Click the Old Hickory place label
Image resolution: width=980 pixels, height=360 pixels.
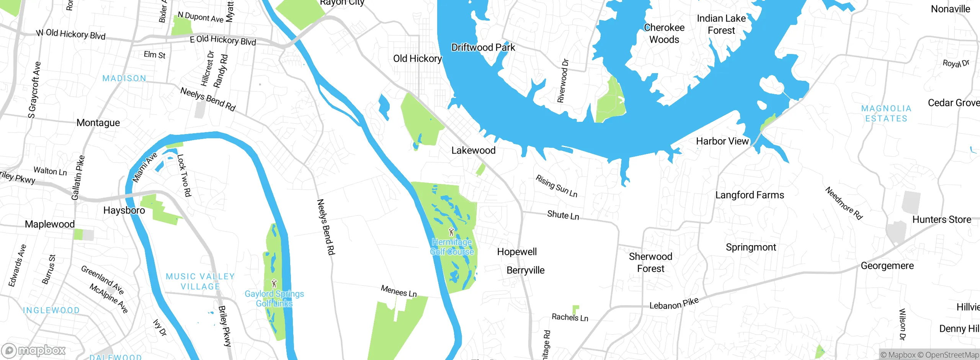(x=417, y=59)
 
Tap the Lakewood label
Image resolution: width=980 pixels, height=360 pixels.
(x=473, y=151)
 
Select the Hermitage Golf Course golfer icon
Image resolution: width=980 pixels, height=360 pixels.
(x=451, y=232)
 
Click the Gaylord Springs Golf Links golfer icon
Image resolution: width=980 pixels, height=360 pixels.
(x=274, y=284)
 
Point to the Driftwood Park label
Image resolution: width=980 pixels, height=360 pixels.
(x=483, y=47)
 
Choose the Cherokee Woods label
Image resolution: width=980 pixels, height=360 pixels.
(x=664, y=33)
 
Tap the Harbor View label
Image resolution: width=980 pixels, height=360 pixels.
(x=722, y=141)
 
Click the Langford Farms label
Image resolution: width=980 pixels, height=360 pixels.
(x=750, y=195)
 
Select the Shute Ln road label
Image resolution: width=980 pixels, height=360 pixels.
(x=563, y=215)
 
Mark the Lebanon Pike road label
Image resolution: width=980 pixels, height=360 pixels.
(x=674, y=304)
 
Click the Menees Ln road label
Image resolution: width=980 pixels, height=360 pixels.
(x=399, y=291)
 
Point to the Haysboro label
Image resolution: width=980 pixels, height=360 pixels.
(x=124, y=210)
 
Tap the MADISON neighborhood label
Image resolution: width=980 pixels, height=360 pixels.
(x=124, y=79)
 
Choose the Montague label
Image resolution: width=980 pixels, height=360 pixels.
(x=98, y=123)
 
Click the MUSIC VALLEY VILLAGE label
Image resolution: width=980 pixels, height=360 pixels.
(x=200, y=281)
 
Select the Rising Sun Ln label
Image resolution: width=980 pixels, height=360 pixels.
(x=556, y=186)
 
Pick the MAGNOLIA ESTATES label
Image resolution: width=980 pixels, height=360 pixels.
(x=886, y=113)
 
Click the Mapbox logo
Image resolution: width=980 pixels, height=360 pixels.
(x=34, y=350)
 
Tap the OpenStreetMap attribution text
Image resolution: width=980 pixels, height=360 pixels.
(x=952, y=355)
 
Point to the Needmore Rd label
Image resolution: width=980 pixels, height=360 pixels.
(x=844, y=203)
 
